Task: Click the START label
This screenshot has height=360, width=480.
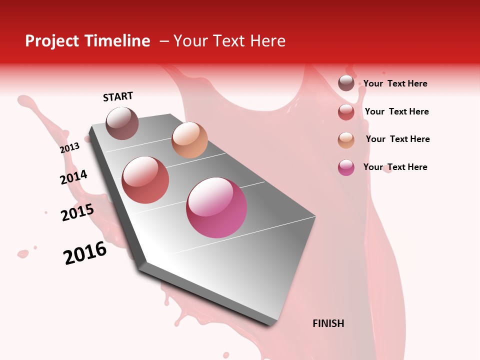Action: click(x=118, y=96)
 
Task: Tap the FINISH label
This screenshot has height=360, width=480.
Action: click(x=328, y=323)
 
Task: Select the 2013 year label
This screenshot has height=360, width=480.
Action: click(x=70, y=147)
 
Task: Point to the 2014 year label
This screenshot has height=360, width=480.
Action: click(x=73, y=177)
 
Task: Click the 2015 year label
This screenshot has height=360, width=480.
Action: click(x=77, y=212)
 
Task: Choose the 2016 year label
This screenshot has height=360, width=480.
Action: click(x=85, y=252)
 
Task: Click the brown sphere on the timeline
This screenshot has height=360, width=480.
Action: click(x=122, y=123)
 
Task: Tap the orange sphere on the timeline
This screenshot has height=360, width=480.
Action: click(x=189, y=140)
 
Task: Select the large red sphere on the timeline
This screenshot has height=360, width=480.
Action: click(x=145, y=180)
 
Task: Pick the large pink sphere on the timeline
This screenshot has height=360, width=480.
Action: click(x=216, y=207)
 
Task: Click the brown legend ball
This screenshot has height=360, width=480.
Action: click(x=346, y=83)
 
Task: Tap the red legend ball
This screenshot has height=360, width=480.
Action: click(x=346, y=112)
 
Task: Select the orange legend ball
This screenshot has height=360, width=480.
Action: click(x=346, y=140)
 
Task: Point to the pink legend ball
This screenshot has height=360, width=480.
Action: click(x=346, y=167)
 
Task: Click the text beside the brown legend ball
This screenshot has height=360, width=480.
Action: click(x=395, y=83)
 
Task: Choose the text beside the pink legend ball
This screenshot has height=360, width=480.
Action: click(x=395, y=167)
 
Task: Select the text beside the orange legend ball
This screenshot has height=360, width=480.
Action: click(x=397, y=139)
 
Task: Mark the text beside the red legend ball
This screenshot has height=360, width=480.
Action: click(x=396, y=111)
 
